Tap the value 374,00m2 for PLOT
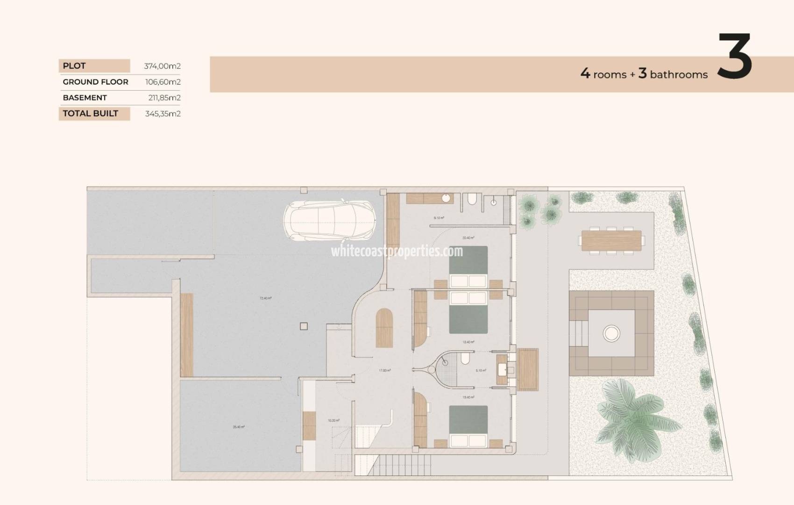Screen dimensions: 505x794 point(162,66)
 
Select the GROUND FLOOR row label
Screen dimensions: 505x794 point(95,82)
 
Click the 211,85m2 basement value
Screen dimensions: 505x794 point(163,98)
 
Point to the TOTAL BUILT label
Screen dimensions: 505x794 point(91,114)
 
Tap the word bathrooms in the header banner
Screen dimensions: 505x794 point(678,75)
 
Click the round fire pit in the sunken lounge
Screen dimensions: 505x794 point(611,333)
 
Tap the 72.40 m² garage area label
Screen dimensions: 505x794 point(265,298)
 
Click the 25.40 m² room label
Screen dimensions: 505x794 point(239,427)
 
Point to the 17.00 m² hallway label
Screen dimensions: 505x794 point(384,370)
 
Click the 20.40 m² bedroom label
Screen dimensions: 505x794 point(468,238)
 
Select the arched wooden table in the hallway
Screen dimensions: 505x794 point(384,328)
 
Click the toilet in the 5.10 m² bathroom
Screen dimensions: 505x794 point(465,359)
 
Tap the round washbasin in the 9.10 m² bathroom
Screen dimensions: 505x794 point(447,198)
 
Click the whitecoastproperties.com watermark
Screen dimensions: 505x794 point(397,251)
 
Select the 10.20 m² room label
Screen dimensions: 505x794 point(333,420)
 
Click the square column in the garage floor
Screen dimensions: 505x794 point(304,326)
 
